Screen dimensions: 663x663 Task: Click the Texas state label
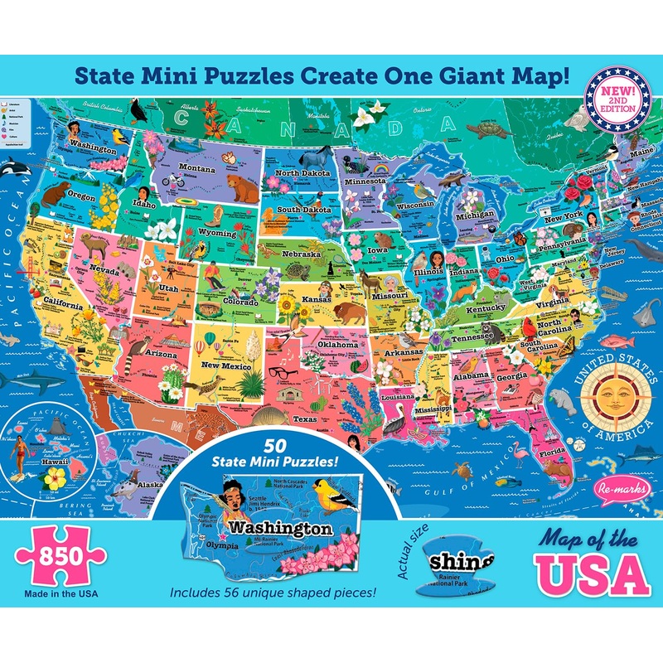[x=304, y=419]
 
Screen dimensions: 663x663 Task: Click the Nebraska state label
[x=300, y=254]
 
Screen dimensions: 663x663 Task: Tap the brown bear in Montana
[x=242, y=189]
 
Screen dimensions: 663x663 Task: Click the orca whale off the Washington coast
[x=16, y=169]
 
